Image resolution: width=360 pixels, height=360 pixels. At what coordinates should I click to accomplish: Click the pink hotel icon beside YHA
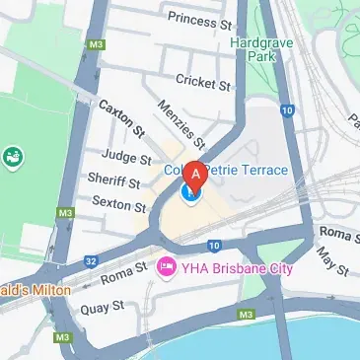click(x=167, y=267)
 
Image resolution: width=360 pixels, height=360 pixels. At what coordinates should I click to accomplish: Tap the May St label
click(x=327, y=262)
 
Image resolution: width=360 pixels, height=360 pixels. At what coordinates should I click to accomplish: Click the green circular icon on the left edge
click(x=13, y=156)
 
